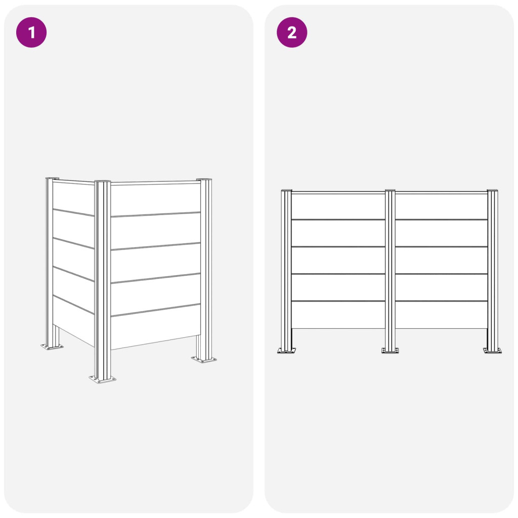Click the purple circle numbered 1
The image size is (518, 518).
[31, 32]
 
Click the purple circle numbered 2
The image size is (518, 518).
[292, 32]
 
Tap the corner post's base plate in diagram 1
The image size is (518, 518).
[103, 379]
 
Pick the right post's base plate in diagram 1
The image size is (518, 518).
[204, 359]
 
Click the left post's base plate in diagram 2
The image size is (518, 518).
[286, 351]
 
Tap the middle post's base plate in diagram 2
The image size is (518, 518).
[390, 351]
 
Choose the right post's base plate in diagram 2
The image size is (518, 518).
[492, 351]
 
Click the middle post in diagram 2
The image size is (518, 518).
[390, 269]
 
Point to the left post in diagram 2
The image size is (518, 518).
[286, 269]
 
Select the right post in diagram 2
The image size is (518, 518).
[492, 269]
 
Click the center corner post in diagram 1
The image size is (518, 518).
[102, 279]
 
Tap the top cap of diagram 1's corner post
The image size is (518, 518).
[102, 182]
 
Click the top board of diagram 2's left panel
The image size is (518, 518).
[338, 206]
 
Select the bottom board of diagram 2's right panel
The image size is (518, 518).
[441, 315]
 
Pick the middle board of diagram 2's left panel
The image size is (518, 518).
[338, 261]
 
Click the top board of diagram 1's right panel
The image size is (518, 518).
[155, 199]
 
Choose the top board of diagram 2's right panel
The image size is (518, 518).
[441, 206]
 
